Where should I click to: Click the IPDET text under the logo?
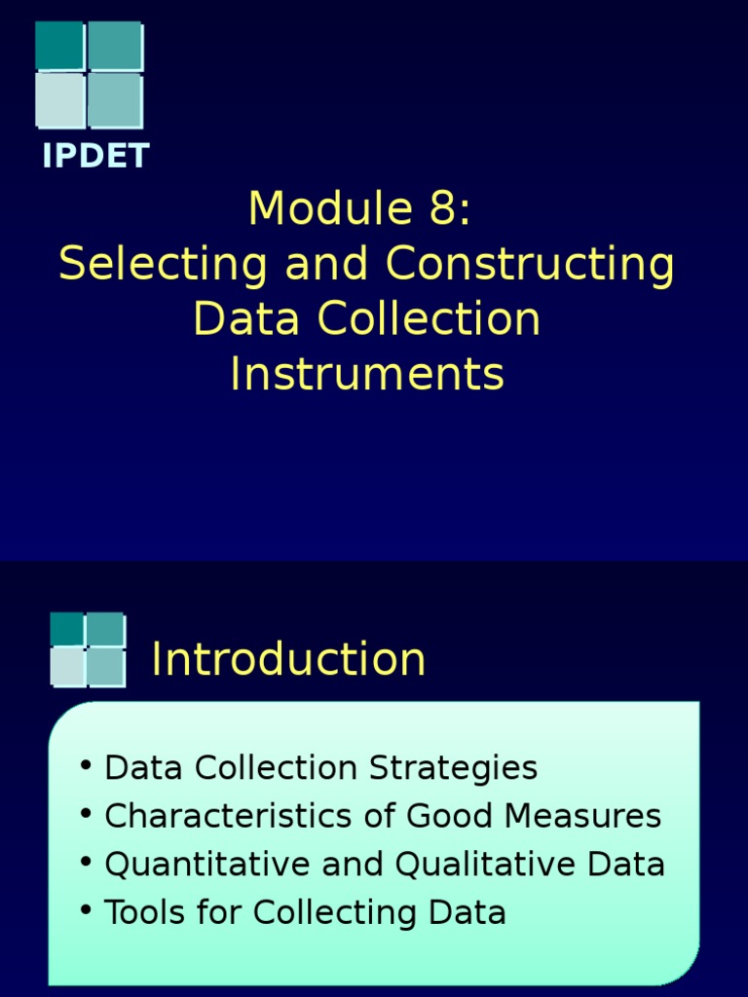point(94,156)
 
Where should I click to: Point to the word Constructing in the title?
point(531,265)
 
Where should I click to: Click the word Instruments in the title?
point(367,375)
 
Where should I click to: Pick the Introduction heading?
point(288,659)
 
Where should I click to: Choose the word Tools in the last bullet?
point(136,913)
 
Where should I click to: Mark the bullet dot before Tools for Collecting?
point(87,909)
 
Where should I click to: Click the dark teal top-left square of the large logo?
point(59,46)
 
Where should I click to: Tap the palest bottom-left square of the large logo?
point(59,100)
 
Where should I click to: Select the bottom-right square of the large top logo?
point(115,100)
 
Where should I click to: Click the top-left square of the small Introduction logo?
point(66,629)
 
